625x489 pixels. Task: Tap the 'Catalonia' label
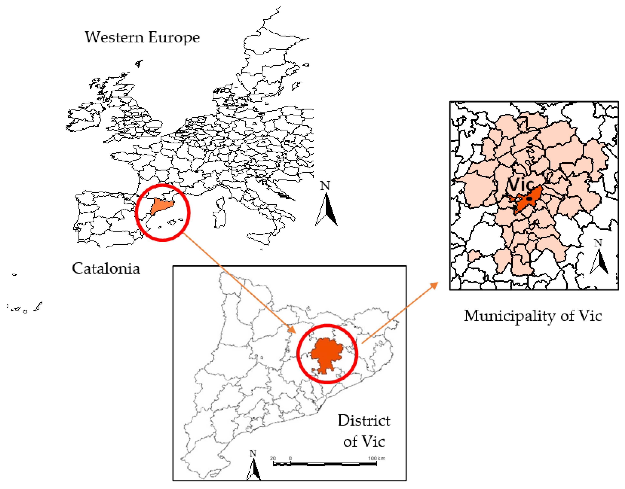[x=106, y=268]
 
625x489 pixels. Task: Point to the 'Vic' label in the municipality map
[x=520, y=184]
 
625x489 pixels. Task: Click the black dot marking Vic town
[x=529, y=198]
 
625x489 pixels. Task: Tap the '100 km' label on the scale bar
[x=376, y=458]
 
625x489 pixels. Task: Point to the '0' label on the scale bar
[x=290, y=458]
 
